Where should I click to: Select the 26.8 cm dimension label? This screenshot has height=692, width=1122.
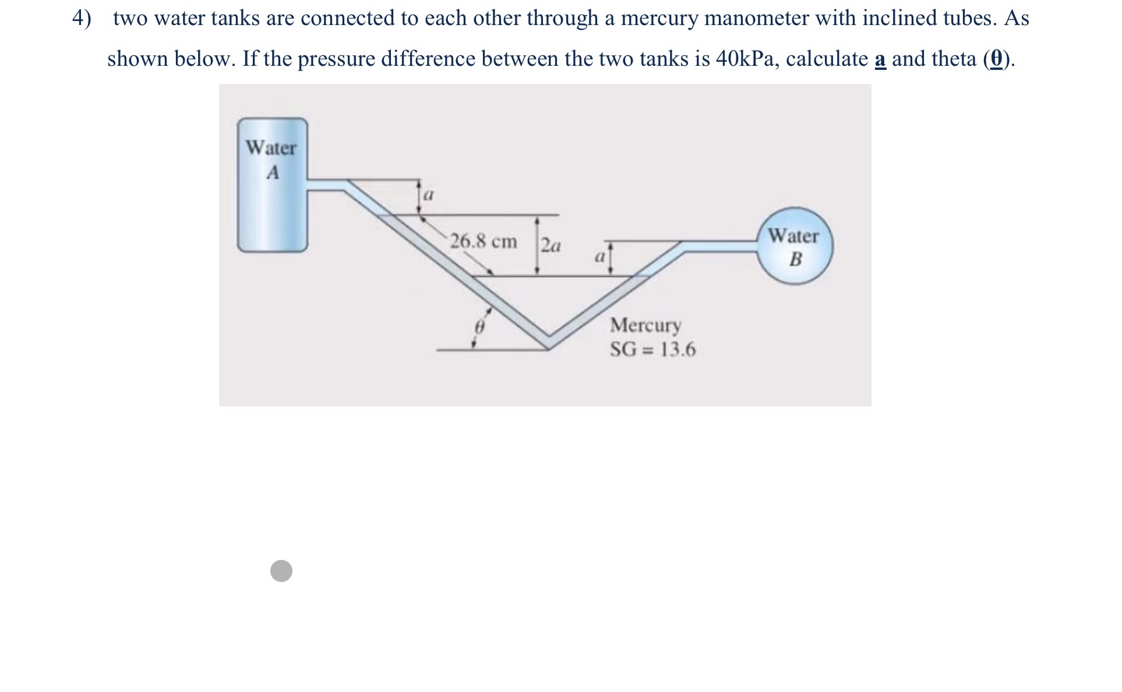pos(484,241)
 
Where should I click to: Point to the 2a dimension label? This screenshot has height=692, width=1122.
pos(551,246)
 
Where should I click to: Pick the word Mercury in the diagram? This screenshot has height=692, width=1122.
pos(645,325)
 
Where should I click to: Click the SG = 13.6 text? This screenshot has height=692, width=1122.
pos(652,350)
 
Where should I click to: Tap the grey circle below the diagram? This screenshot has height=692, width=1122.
pos(281,571)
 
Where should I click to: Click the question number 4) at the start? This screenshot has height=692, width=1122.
pos(82,19)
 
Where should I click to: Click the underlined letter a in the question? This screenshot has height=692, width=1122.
pos(880,59)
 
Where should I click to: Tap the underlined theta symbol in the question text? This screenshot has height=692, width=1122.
pos(997,59)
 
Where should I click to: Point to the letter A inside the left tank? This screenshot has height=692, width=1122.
pos(273,173)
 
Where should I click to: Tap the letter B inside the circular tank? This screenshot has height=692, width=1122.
pos(795,260)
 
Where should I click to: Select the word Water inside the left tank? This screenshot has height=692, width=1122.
pos(271,148)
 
